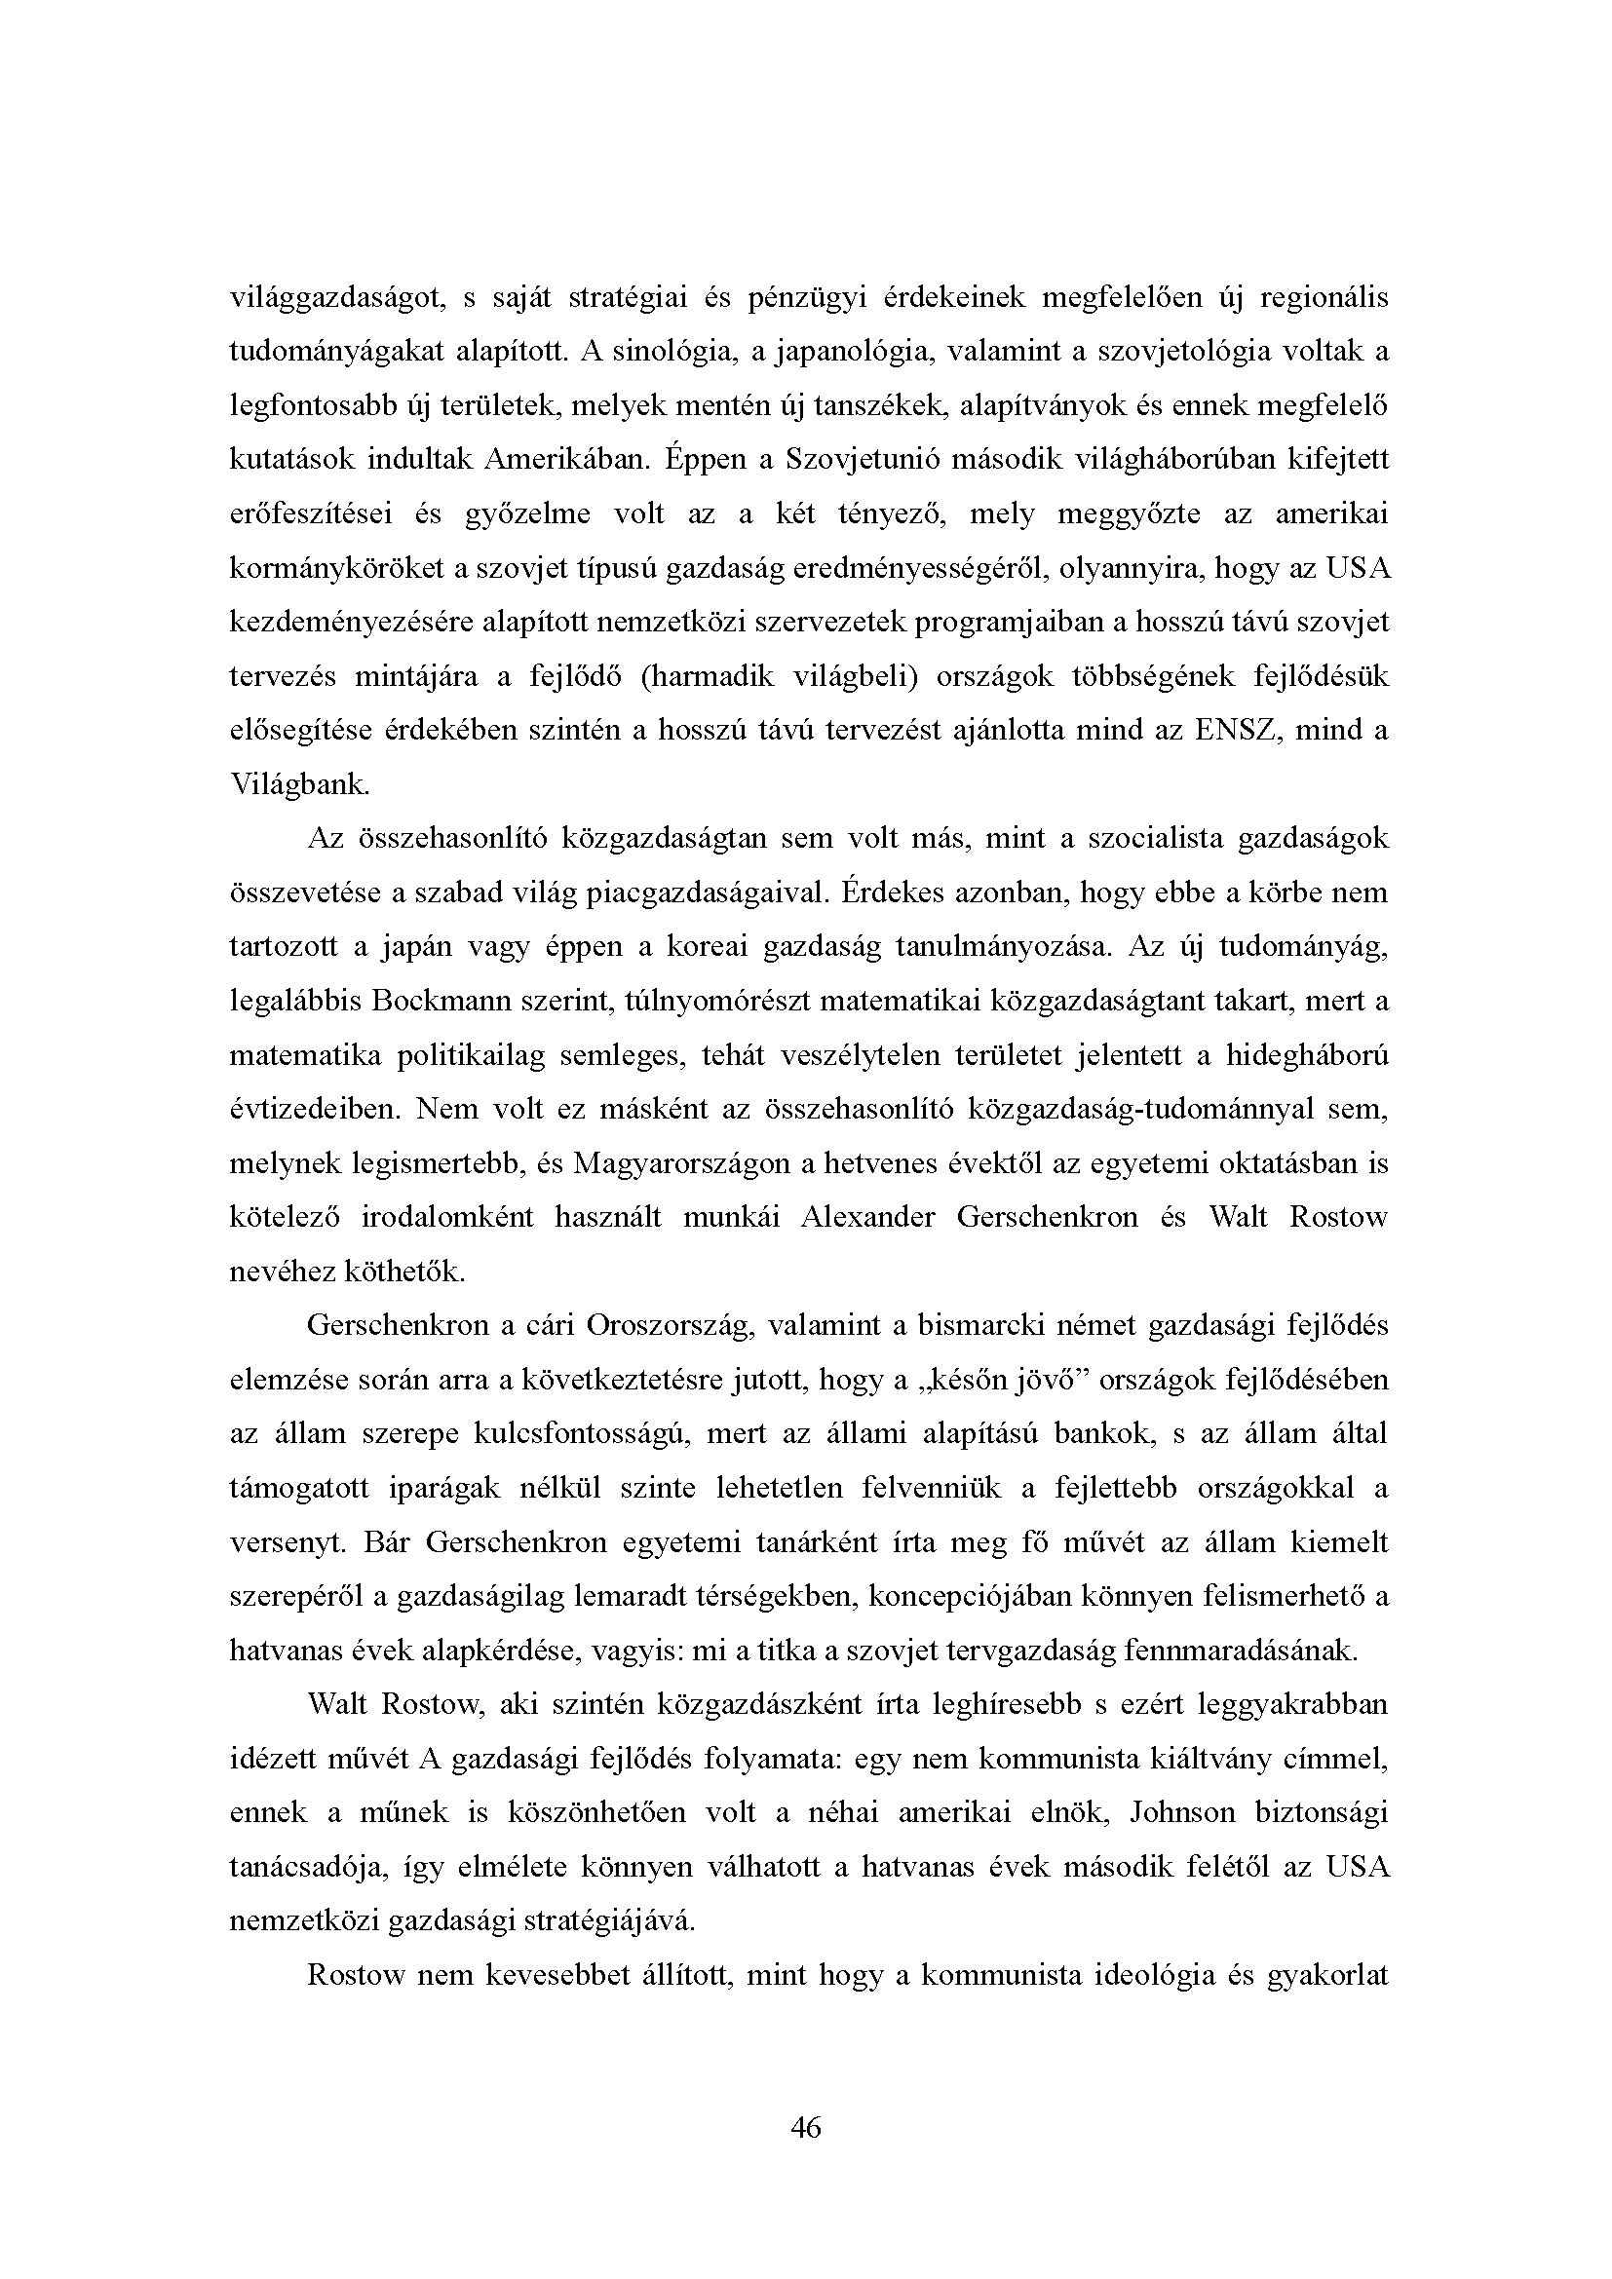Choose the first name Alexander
pos(867,1217)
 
